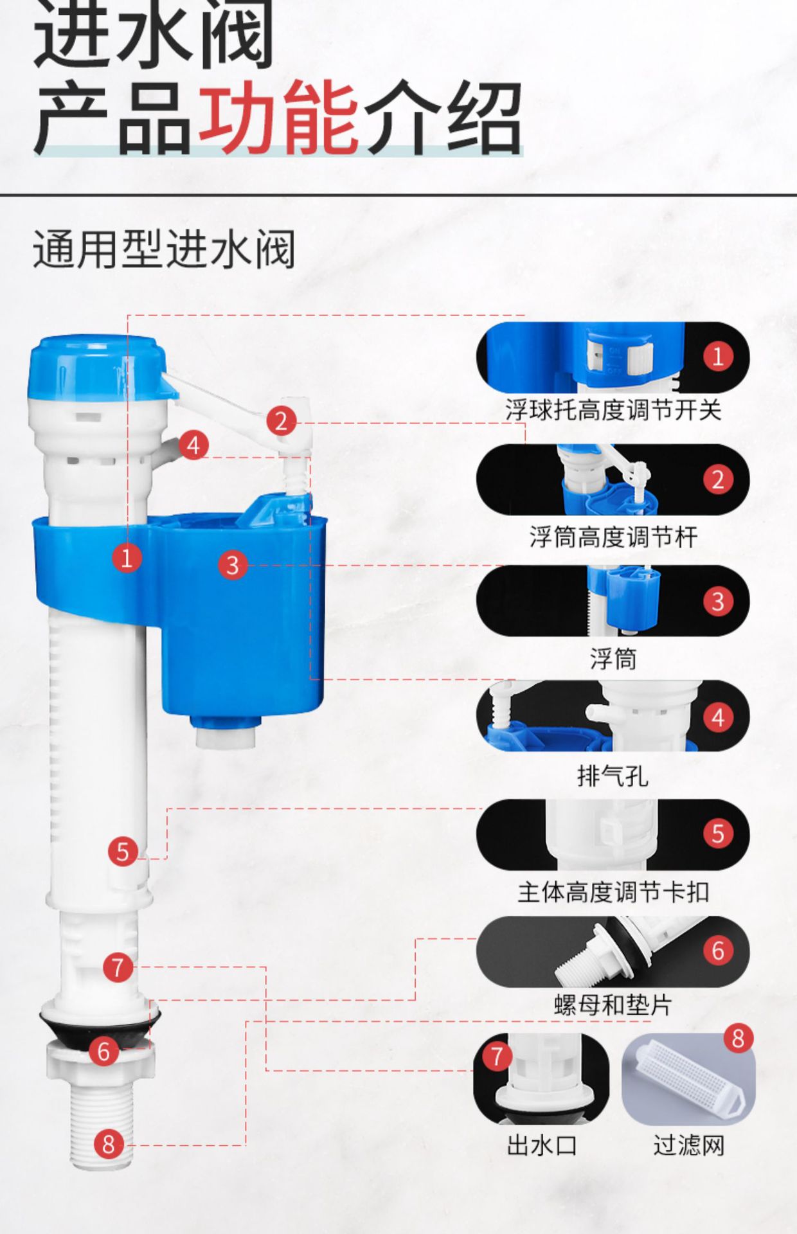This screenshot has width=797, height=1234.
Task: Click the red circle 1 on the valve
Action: [127, 557]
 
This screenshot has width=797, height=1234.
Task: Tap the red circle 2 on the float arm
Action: [281, 421]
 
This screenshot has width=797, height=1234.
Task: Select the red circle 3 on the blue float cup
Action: [232, 565]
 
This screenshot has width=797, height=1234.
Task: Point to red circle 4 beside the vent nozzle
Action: [193, 445]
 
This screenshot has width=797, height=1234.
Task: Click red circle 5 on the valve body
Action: [123, 852]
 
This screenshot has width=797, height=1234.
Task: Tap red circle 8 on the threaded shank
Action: [108, 1143]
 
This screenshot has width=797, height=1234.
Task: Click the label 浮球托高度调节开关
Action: [613, 410]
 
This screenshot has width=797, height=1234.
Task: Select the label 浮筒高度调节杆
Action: [613, 537]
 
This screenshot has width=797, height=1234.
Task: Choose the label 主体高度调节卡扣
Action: [613, 892]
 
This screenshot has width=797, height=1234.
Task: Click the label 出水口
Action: [541, 1145]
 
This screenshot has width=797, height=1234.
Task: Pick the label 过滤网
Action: [688, 1145]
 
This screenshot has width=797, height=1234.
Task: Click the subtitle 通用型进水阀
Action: [164, 249]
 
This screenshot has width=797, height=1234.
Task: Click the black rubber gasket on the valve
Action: [100, 1026]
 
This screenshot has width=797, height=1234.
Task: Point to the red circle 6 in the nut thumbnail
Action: [718, 950]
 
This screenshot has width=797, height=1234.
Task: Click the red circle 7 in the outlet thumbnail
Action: [496, 1055]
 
